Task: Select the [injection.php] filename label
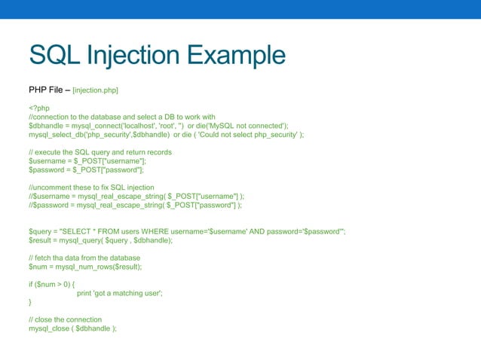[95, 90]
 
